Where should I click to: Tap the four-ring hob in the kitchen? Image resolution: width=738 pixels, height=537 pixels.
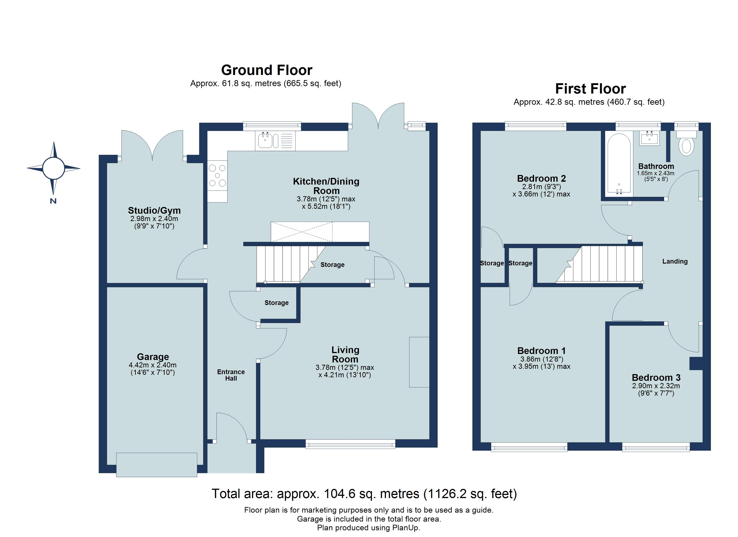point(217,176)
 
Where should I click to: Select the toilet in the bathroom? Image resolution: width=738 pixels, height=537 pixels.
point(686,146)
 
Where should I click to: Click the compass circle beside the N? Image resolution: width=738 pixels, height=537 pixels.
point(53,168)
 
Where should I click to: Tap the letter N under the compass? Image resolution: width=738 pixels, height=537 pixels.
point(53,201)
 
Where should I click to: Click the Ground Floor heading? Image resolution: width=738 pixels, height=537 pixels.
point(267,70)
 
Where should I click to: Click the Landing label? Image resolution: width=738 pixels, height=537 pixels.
point(675,262)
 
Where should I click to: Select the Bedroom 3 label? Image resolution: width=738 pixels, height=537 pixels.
point(656,378)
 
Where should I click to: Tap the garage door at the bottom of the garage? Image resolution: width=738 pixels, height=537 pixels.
point(157,465)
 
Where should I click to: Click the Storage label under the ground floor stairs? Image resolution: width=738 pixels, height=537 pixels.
point(332,265)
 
